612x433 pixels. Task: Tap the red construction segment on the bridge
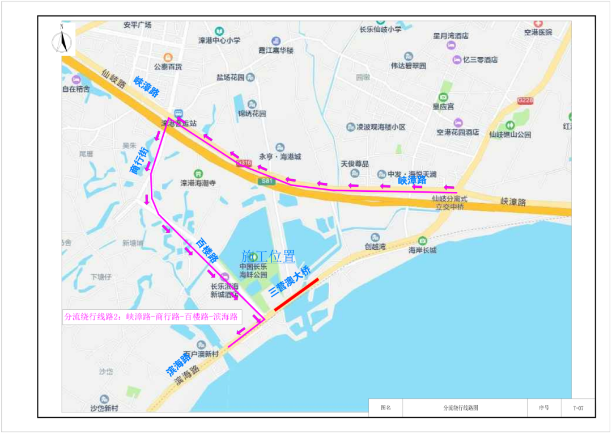click(296, 295)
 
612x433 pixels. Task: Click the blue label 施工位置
click(268, 256)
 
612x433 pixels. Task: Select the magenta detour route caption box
click(152, 317)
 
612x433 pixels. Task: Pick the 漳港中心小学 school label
click(219, 40)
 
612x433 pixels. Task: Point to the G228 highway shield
click(525, 100)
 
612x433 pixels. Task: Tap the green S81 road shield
click(266, 181)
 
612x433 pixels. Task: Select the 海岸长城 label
click(423, 250)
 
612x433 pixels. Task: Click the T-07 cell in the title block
click(577, 407)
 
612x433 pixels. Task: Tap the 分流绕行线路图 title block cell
click(461, 407)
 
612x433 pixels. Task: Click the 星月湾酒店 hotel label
click(451, 36)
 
